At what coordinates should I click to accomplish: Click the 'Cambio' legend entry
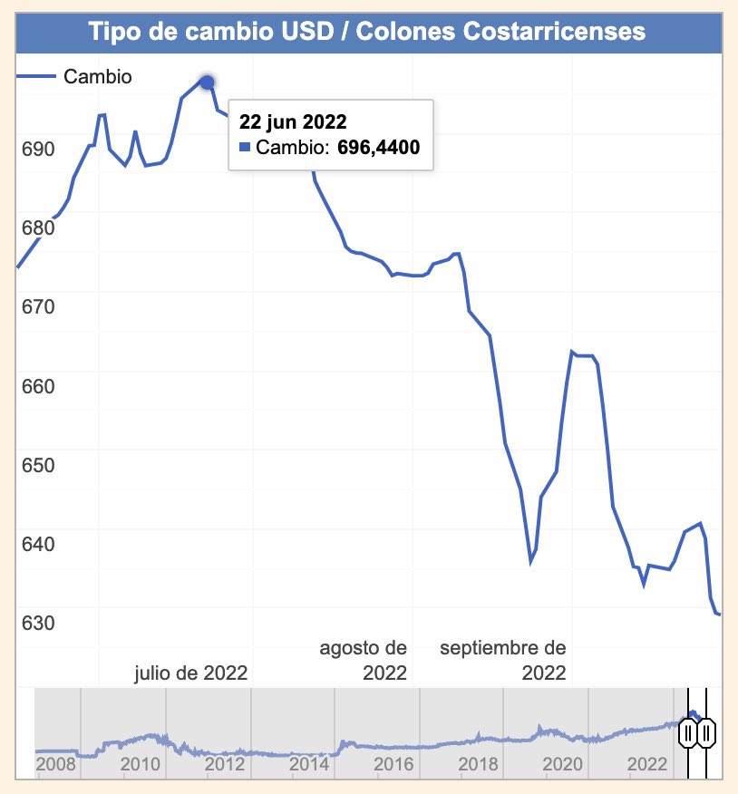97,77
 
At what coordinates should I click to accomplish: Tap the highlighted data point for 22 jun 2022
207,82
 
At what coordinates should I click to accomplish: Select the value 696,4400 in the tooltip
378,148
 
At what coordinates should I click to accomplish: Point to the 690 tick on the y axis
38,149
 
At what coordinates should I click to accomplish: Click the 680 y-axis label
38,228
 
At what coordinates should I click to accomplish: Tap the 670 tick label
38,306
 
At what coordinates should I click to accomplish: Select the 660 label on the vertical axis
38,386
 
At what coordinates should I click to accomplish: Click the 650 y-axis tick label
38,465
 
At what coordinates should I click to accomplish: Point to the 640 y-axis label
38,544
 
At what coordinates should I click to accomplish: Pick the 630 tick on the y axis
38,624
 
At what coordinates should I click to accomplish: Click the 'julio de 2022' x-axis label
191,673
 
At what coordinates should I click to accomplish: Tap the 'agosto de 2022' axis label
364,661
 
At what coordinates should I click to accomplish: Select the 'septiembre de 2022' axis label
503,661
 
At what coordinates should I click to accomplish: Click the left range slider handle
688,732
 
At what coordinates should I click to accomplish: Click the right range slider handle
707,732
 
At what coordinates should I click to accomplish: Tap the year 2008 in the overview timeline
55,764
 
